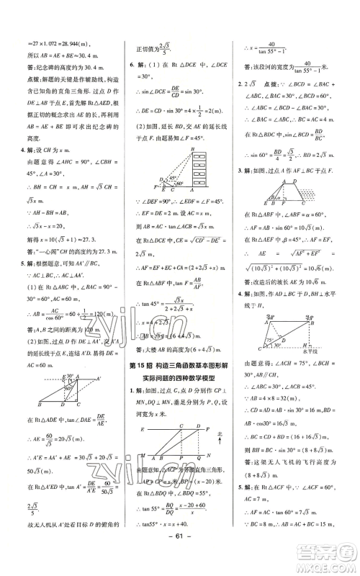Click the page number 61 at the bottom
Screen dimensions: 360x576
pos(180,559)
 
